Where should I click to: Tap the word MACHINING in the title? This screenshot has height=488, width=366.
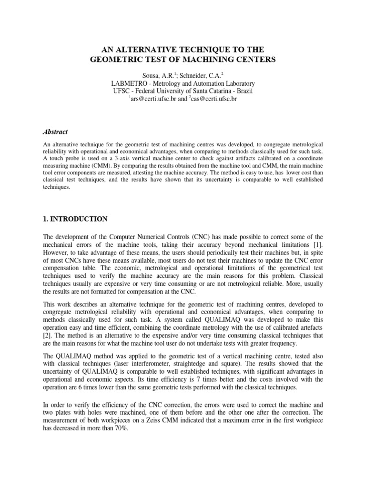206,60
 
